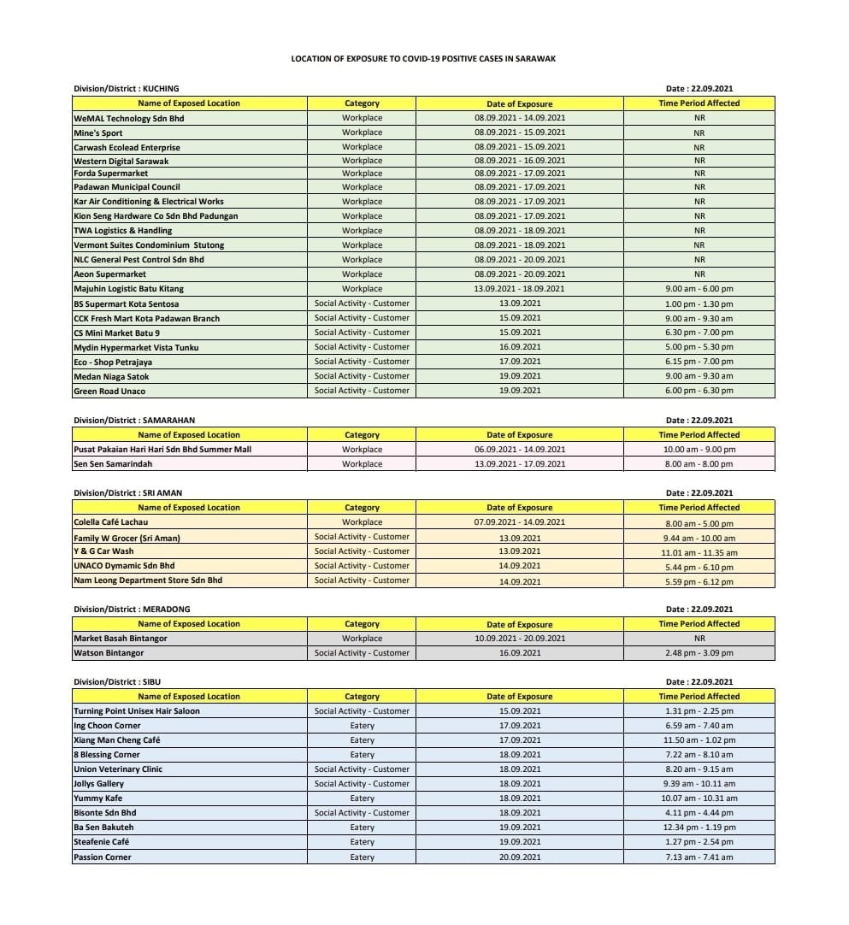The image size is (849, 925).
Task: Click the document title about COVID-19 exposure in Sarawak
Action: (x=423, y=59)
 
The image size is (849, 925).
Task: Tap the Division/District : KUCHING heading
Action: (x=127, y=88)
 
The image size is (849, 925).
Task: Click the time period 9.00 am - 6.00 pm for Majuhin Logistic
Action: (x=699, y=289)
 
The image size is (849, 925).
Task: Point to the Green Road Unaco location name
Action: (x=109, y=392)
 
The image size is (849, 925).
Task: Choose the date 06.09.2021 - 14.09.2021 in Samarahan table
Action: (x=519, y=450)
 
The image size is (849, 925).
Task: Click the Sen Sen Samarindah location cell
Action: (x=113, y=464)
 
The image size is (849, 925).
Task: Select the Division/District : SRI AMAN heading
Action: (x=127, y=493)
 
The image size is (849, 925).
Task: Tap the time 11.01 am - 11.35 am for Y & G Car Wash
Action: (x=699, y=552)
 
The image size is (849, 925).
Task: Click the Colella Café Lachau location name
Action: (x=110, y=522)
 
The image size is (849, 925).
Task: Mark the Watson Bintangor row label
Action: (x=109, y=653)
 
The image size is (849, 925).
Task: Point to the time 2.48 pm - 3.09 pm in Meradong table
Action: (x=699, y=653)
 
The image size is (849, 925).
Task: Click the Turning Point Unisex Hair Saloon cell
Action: (x=137, y=711)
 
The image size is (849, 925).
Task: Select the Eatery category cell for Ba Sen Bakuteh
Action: (x=362, y=828)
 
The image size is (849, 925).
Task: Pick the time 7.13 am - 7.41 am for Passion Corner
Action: (x=699, y=857)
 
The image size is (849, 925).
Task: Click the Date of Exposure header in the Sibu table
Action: (x=519, y=697)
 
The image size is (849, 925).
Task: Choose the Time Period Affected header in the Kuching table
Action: (x=699, y=103)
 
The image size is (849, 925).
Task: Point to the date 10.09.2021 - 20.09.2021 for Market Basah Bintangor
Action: (x=519, y=639)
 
